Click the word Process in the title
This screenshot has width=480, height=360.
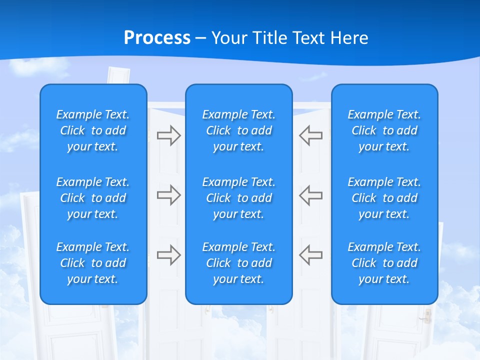point(157,38)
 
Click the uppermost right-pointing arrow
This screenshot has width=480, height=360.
point(168,135)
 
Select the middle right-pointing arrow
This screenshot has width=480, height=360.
point(168,195)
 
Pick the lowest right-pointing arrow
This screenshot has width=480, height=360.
point(168,255)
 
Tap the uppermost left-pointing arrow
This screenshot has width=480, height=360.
point(310,135)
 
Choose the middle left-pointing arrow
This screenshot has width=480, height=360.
point(310,195)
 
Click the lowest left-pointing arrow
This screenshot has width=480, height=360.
point(310,255)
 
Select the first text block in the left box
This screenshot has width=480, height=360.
point(93,130)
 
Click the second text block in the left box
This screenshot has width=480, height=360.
point(93,198)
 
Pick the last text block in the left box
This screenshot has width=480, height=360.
point(93,263)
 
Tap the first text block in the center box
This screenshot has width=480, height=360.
point(239,130)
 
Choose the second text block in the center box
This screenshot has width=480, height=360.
point(239,198)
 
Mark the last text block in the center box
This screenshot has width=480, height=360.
point(239,263)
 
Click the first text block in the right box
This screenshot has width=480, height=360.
point(384,130)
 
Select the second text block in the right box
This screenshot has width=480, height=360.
point(384,198)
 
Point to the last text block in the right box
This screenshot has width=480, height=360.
point(384,263)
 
